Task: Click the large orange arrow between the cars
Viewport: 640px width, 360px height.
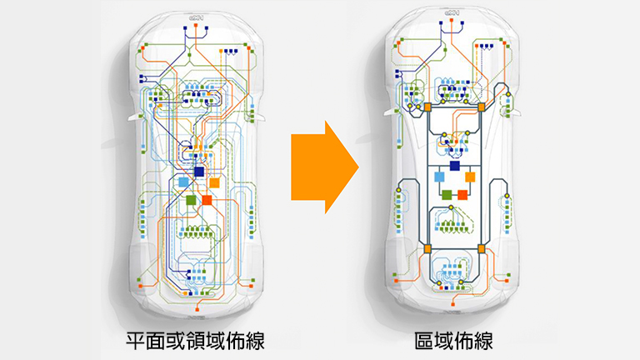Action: [324, 166]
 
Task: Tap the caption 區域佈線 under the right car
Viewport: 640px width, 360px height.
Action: [453, 341]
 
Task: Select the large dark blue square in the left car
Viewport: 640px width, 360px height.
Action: [198, 171]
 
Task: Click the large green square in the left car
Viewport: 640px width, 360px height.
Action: [192, 200]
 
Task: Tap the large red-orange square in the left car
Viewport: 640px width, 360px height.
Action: [207, 200]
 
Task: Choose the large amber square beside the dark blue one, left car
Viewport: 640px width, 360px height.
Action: [214, 182]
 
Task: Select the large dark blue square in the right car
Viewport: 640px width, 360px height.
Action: [455, 165]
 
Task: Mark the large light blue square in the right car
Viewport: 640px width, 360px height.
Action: [439, 177]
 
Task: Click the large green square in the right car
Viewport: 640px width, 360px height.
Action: [447, 194]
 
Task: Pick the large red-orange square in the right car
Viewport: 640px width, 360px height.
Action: [462, 194]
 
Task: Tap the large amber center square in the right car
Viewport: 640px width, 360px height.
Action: [470, 177]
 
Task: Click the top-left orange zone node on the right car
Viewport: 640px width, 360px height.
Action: [427, 108]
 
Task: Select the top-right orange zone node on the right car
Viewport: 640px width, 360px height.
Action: [482, 108]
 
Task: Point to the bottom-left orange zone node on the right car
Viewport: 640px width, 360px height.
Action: [427, 248]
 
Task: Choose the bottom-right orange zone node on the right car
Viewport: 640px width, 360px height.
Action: [482, 248]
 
